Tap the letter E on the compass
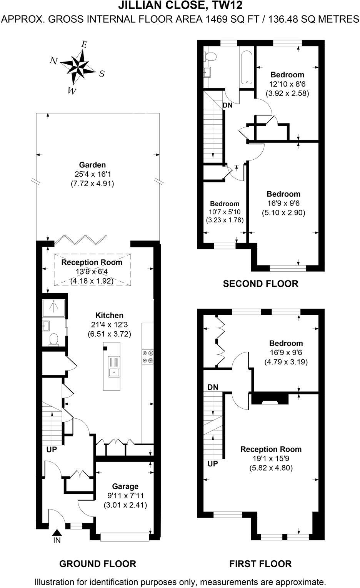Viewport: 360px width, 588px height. [84, 44]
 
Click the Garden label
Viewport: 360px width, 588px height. [92, 165]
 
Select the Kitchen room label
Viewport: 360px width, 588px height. [109, 315]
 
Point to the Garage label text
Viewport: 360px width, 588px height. [125, 486]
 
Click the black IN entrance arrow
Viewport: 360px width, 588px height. [57, 532]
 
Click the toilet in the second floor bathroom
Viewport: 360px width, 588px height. [210, 57]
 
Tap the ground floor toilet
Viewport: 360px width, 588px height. [53, 339]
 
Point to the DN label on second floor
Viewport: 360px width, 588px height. [227, 105]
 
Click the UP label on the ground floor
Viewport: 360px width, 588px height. [52, 449]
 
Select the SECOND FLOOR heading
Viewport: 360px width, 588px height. [260, 284]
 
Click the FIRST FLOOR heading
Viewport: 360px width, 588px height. [260, 564]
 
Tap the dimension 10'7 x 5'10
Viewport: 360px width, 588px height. [225, 212]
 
